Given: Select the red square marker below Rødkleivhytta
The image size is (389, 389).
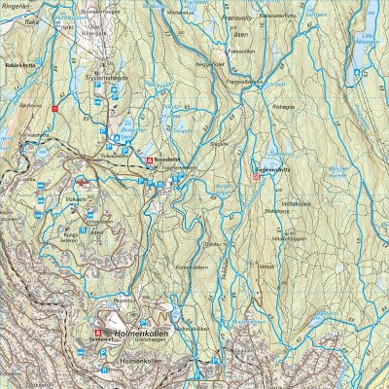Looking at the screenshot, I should tap(55, 110).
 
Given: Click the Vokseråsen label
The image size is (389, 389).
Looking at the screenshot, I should tap(117, 152).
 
